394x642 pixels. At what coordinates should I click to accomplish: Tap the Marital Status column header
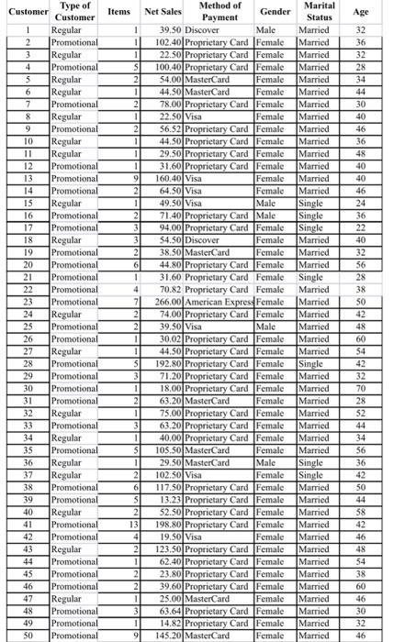point(319,13)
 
